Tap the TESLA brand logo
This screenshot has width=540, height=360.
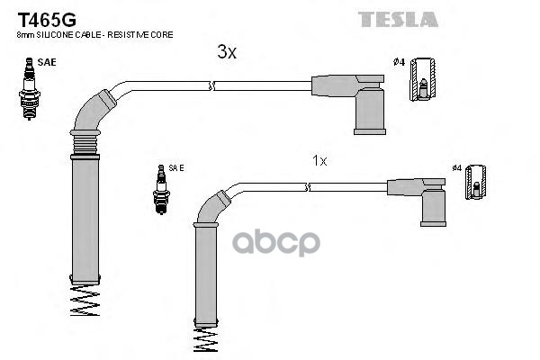click(x=398, y=18)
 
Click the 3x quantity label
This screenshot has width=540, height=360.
click(x=227, y=53)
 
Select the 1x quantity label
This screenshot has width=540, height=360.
click(x=319, y=160)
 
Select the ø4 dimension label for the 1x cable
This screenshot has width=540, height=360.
click(x=456, y=167)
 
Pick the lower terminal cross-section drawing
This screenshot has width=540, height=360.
click(x=477, y=184)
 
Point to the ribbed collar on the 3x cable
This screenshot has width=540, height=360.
click(x=84, y=142)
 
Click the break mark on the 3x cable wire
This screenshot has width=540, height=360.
click(x=212, y=85)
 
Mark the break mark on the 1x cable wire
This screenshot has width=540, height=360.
click(x=308, y=187)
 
